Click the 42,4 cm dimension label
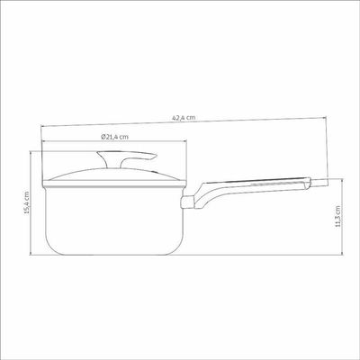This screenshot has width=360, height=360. (184, 118)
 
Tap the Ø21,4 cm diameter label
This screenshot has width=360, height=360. (114, 137)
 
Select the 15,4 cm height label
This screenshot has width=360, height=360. (27, 202)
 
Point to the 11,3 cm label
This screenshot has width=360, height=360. (338, 216)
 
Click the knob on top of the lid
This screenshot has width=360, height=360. (126, 158)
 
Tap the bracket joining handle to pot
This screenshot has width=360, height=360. (188, 202)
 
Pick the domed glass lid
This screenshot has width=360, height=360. (114, 177)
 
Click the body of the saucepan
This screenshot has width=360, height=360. (114, 221)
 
